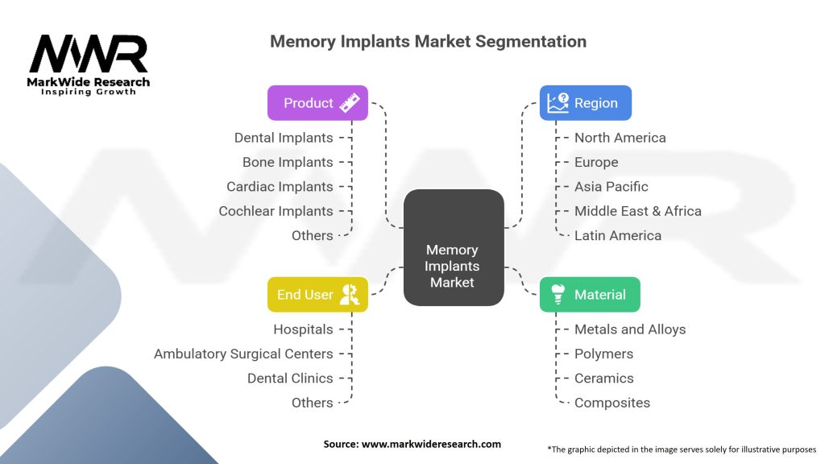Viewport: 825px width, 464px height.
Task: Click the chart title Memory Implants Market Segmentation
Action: [x=428, y=41]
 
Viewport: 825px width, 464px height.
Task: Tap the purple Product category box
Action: [x=317, y=103]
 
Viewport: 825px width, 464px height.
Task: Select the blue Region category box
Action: [x=585, y=103]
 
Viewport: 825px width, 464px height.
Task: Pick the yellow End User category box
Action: [x=317, y=295]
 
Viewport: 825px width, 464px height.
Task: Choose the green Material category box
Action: [x=589, y=295]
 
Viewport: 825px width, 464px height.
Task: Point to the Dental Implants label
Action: [x=284, y=138]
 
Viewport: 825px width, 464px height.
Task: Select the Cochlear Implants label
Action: [x=276, y=211]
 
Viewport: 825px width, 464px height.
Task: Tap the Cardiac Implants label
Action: [x=280, y=187]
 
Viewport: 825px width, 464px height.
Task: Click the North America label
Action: [x=620, y=138]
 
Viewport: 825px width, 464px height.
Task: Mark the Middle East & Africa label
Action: [x=637, y=211]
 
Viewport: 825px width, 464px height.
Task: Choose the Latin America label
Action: [x=617, y=236]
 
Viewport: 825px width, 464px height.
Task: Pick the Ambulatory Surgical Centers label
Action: [x=243, y=354]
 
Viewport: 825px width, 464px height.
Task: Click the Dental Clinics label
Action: [x=290, y=379]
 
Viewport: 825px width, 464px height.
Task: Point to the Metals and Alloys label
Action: [x=629, y=329]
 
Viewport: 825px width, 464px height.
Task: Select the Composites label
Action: [x=611, y=403]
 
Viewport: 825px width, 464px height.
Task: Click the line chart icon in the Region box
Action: [x=557, y=103]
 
